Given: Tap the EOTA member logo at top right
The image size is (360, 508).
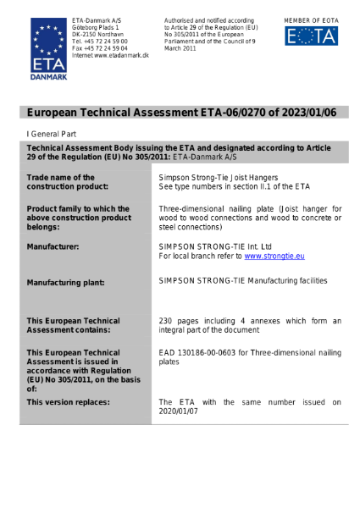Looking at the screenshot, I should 311,35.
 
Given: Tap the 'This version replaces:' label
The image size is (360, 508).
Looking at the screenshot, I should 68,401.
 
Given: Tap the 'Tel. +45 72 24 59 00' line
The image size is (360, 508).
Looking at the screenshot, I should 100,41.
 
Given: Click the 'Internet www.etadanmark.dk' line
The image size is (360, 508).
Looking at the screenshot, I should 110,54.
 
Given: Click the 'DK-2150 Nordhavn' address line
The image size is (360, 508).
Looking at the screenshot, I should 97,33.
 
